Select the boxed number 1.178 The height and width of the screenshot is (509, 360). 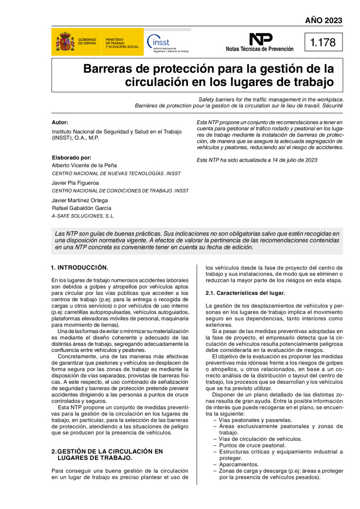[x=323, y=43]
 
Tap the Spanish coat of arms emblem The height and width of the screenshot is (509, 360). [x=65, y=42]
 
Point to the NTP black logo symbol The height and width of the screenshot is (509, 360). [x=261, y=39]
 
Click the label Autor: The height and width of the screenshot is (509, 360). [x=60, y=122]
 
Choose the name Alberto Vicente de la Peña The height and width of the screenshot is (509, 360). [x=84, y=165]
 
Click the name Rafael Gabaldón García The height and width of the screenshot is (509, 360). [x=82, y=208]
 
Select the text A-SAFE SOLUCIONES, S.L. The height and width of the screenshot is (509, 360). [x=83, y=216]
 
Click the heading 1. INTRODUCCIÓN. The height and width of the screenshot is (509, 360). [x=80, y=267]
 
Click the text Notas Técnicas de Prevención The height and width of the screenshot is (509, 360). [x=260, y=49]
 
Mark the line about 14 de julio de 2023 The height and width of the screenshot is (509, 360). [x=257, y=160]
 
